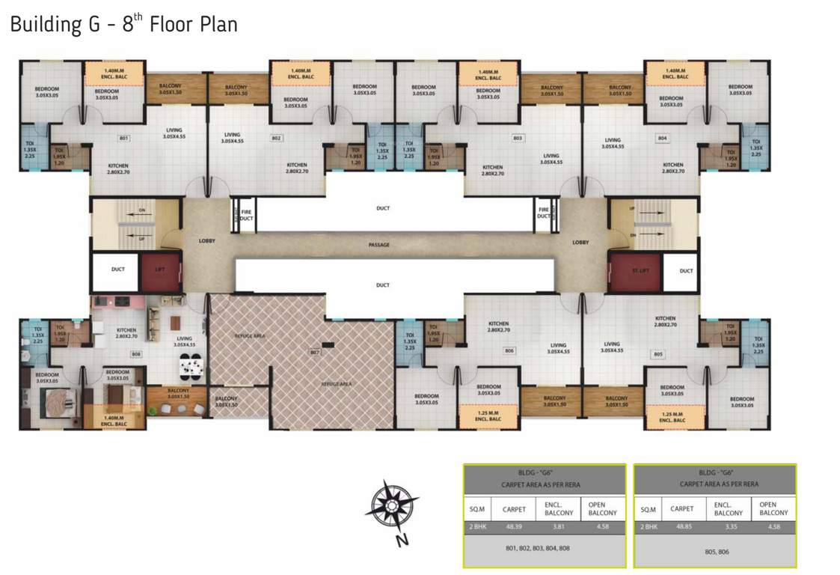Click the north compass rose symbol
coord(391,508)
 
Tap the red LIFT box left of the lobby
coord(159,270)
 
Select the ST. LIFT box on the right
coord(634,270)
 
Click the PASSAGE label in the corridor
coord(379,245)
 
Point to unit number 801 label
coord(124,138)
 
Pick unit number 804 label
coord(662,138)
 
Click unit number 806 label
coord(509,350)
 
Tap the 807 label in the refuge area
coord(315,351)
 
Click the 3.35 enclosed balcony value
coord(728,527)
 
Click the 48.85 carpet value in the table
coord(681,527)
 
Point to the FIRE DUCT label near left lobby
coord(245,215)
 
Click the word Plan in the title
coord(217,24)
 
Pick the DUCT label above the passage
coord(382,208)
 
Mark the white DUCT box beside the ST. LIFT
coord(686,270)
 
